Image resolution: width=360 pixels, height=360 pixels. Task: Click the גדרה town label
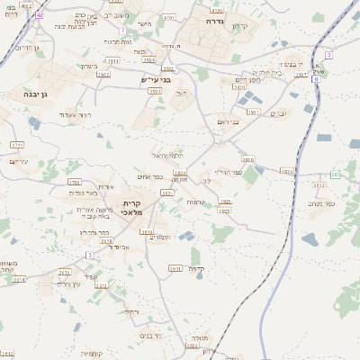point(213,20)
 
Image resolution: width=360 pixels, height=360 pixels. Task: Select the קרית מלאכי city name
point(132,207)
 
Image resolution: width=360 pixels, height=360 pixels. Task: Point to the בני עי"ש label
point(155,79)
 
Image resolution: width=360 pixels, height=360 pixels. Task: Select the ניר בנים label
point(150,336)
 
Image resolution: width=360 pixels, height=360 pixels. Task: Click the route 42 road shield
point(40,16)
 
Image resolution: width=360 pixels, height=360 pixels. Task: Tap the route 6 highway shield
point(316,79)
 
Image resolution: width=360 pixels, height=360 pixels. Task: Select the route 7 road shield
point(328,55)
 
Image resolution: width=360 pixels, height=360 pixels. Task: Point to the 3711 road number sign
point(16,144)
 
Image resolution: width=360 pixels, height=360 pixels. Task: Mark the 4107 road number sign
point(168,17)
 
